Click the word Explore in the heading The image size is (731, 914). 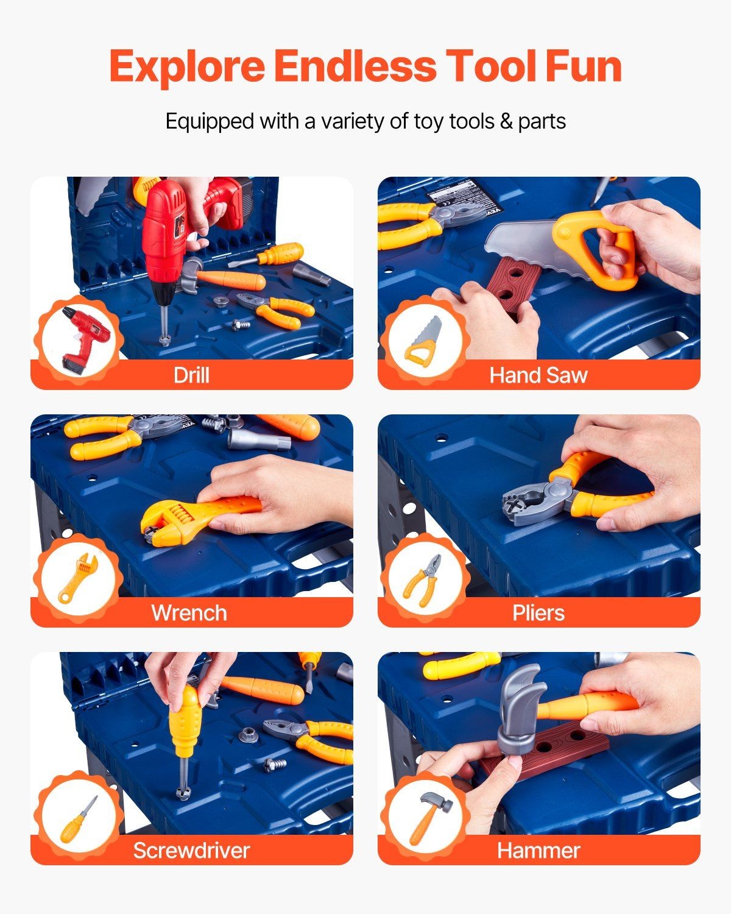(x=187, y=66)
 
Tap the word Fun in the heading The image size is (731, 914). (x=584, y=66)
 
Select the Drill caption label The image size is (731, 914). (x=191, y=375)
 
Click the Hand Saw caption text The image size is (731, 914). (x=538, y=375)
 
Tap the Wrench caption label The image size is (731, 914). (x=189, y=613)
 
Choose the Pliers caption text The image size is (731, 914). (x=538, y=613)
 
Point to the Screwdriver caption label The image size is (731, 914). (x=191, y=851)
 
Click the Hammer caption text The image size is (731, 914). (x=539, y=851)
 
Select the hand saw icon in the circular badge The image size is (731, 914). (x=423, y=340)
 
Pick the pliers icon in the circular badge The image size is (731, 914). (x=423, y=580)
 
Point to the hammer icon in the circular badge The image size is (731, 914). (x=429, y=818)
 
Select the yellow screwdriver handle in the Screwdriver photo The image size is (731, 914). (x=185, y=719)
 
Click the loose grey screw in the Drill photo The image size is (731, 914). (x=241, y=325)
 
